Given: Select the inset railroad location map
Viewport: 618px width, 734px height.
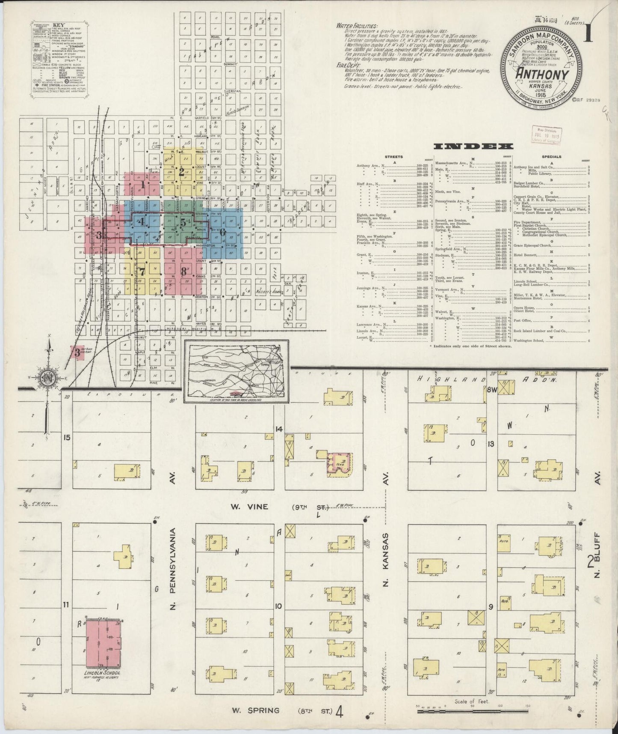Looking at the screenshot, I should [237, 371].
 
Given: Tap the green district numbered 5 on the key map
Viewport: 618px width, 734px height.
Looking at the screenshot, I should [183, 223].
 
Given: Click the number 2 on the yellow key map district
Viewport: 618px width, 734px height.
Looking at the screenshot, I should [181, 173].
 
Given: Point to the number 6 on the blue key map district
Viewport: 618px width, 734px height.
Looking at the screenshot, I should [222, 232].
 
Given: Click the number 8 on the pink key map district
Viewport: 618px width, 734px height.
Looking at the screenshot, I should [183, 271].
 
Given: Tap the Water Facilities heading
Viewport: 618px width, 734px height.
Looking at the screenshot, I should [357, 26].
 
